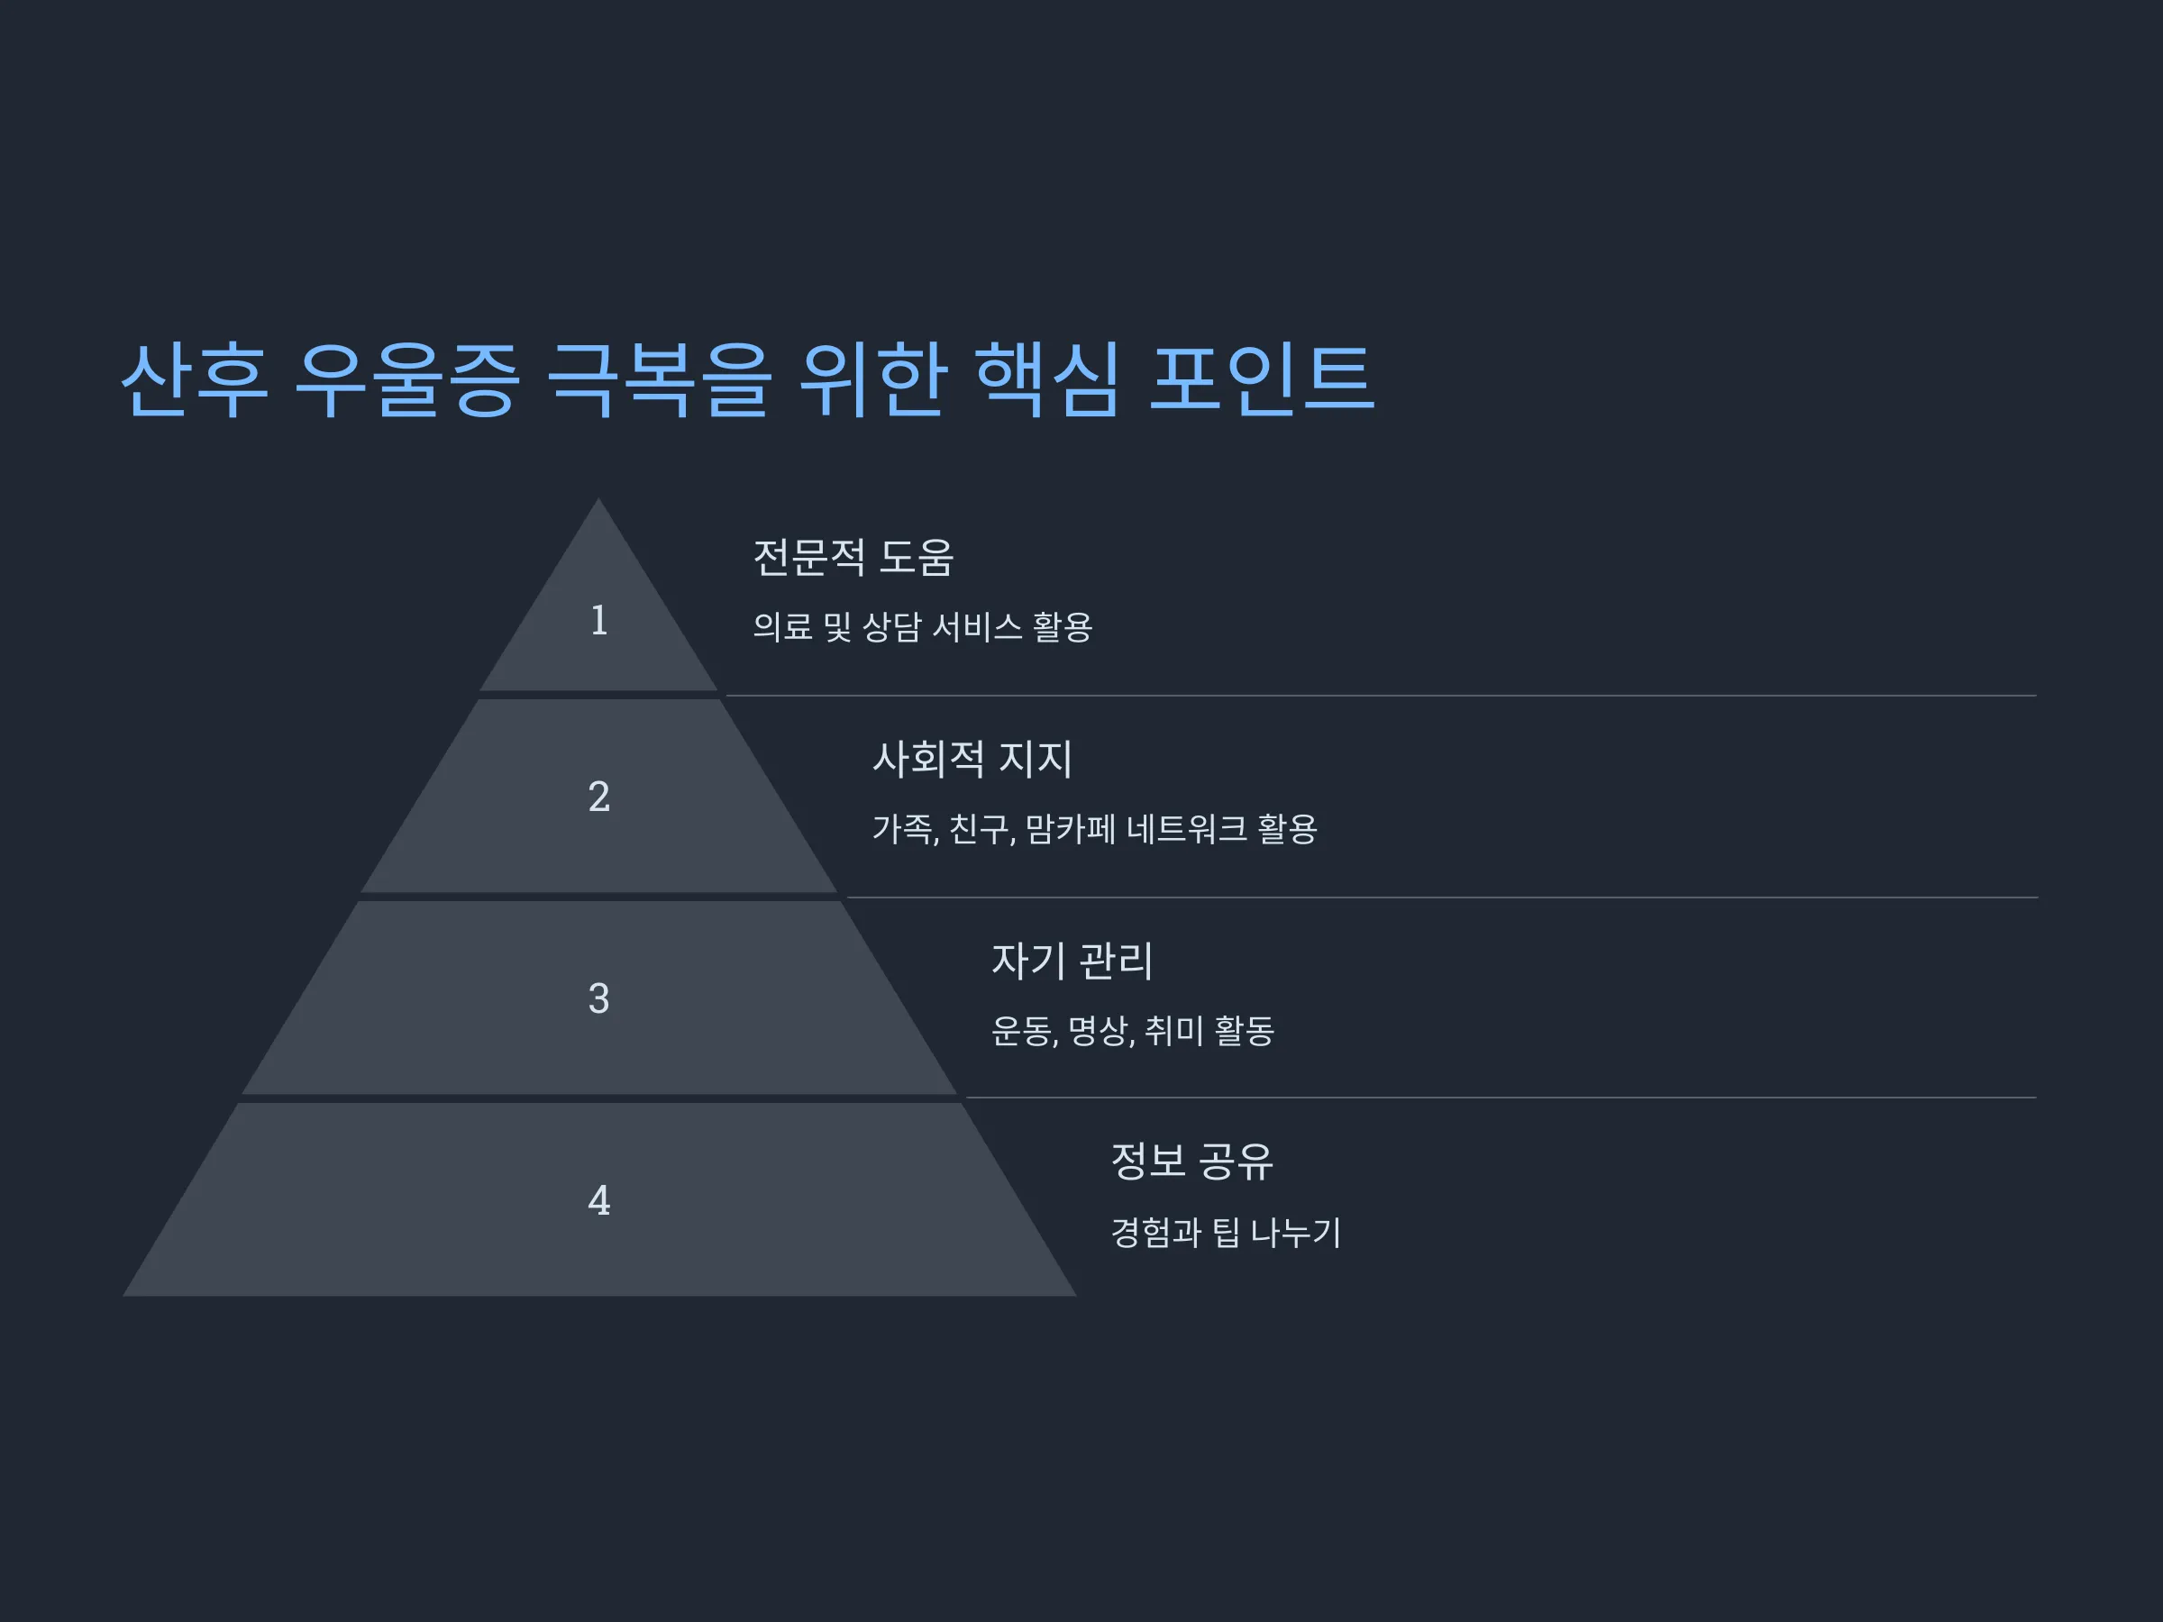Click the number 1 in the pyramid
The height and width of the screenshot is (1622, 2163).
pyautogui.click(x=599, y=620)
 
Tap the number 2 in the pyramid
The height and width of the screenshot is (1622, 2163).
pyautogui.click(x=599, y=796)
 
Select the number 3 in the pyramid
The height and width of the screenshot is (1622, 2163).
pyautogui.click(x=599, y=998)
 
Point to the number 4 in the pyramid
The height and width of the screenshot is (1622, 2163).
pyautogui.click(x=599, y=1200)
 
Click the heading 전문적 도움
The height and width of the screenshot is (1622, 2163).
pyautogui.click(x=853, y=557)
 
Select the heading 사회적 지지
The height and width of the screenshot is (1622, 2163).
pyautogui.click(x=972, y=759)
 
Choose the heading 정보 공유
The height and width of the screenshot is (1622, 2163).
pyautogui.click(x=1192, y=1162)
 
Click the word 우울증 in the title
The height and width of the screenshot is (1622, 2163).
pyautogui.click(x=406, y=380)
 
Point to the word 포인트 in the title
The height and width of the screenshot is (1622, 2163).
pyautogui.click(x=1263, y=380)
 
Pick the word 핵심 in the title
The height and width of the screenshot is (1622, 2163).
pyautogui.click(x=1047, y=380)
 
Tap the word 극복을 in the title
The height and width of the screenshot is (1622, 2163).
pyautogui.click(x=659, y=380)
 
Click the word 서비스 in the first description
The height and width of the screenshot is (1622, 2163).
pyautogui.click(x=977, y=626)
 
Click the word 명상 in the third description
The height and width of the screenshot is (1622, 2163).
pyautogui.click(x=1101, y=1031)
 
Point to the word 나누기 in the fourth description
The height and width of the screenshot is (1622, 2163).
pyautogui.click(x=1296, y=1232)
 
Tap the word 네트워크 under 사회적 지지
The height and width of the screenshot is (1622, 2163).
pyautogui.click(x=1187, y=829)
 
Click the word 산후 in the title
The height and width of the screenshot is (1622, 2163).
pyautogui.click(x=194, y=380)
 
